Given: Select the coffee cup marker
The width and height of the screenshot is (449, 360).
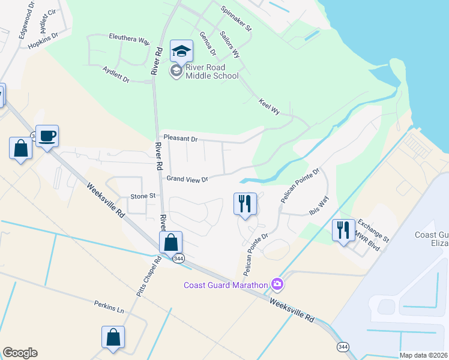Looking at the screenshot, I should (47, 136).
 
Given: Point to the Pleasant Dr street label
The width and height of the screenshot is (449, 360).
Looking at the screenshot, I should (180, 139).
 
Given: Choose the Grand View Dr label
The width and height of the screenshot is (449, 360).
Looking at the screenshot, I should (187, 179).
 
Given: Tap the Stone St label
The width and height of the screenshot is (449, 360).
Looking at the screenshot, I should (143, 196).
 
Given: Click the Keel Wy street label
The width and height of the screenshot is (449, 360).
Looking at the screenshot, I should (270, 107).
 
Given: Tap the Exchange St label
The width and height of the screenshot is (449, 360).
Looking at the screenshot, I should (373, 229).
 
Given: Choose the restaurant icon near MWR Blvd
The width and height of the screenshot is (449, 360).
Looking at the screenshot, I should (343, 230).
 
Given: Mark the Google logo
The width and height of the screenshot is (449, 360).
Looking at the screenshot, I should (20, 353).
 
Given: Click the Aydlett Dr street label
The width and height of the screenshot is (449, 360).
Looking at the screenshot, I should (116, 74).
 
